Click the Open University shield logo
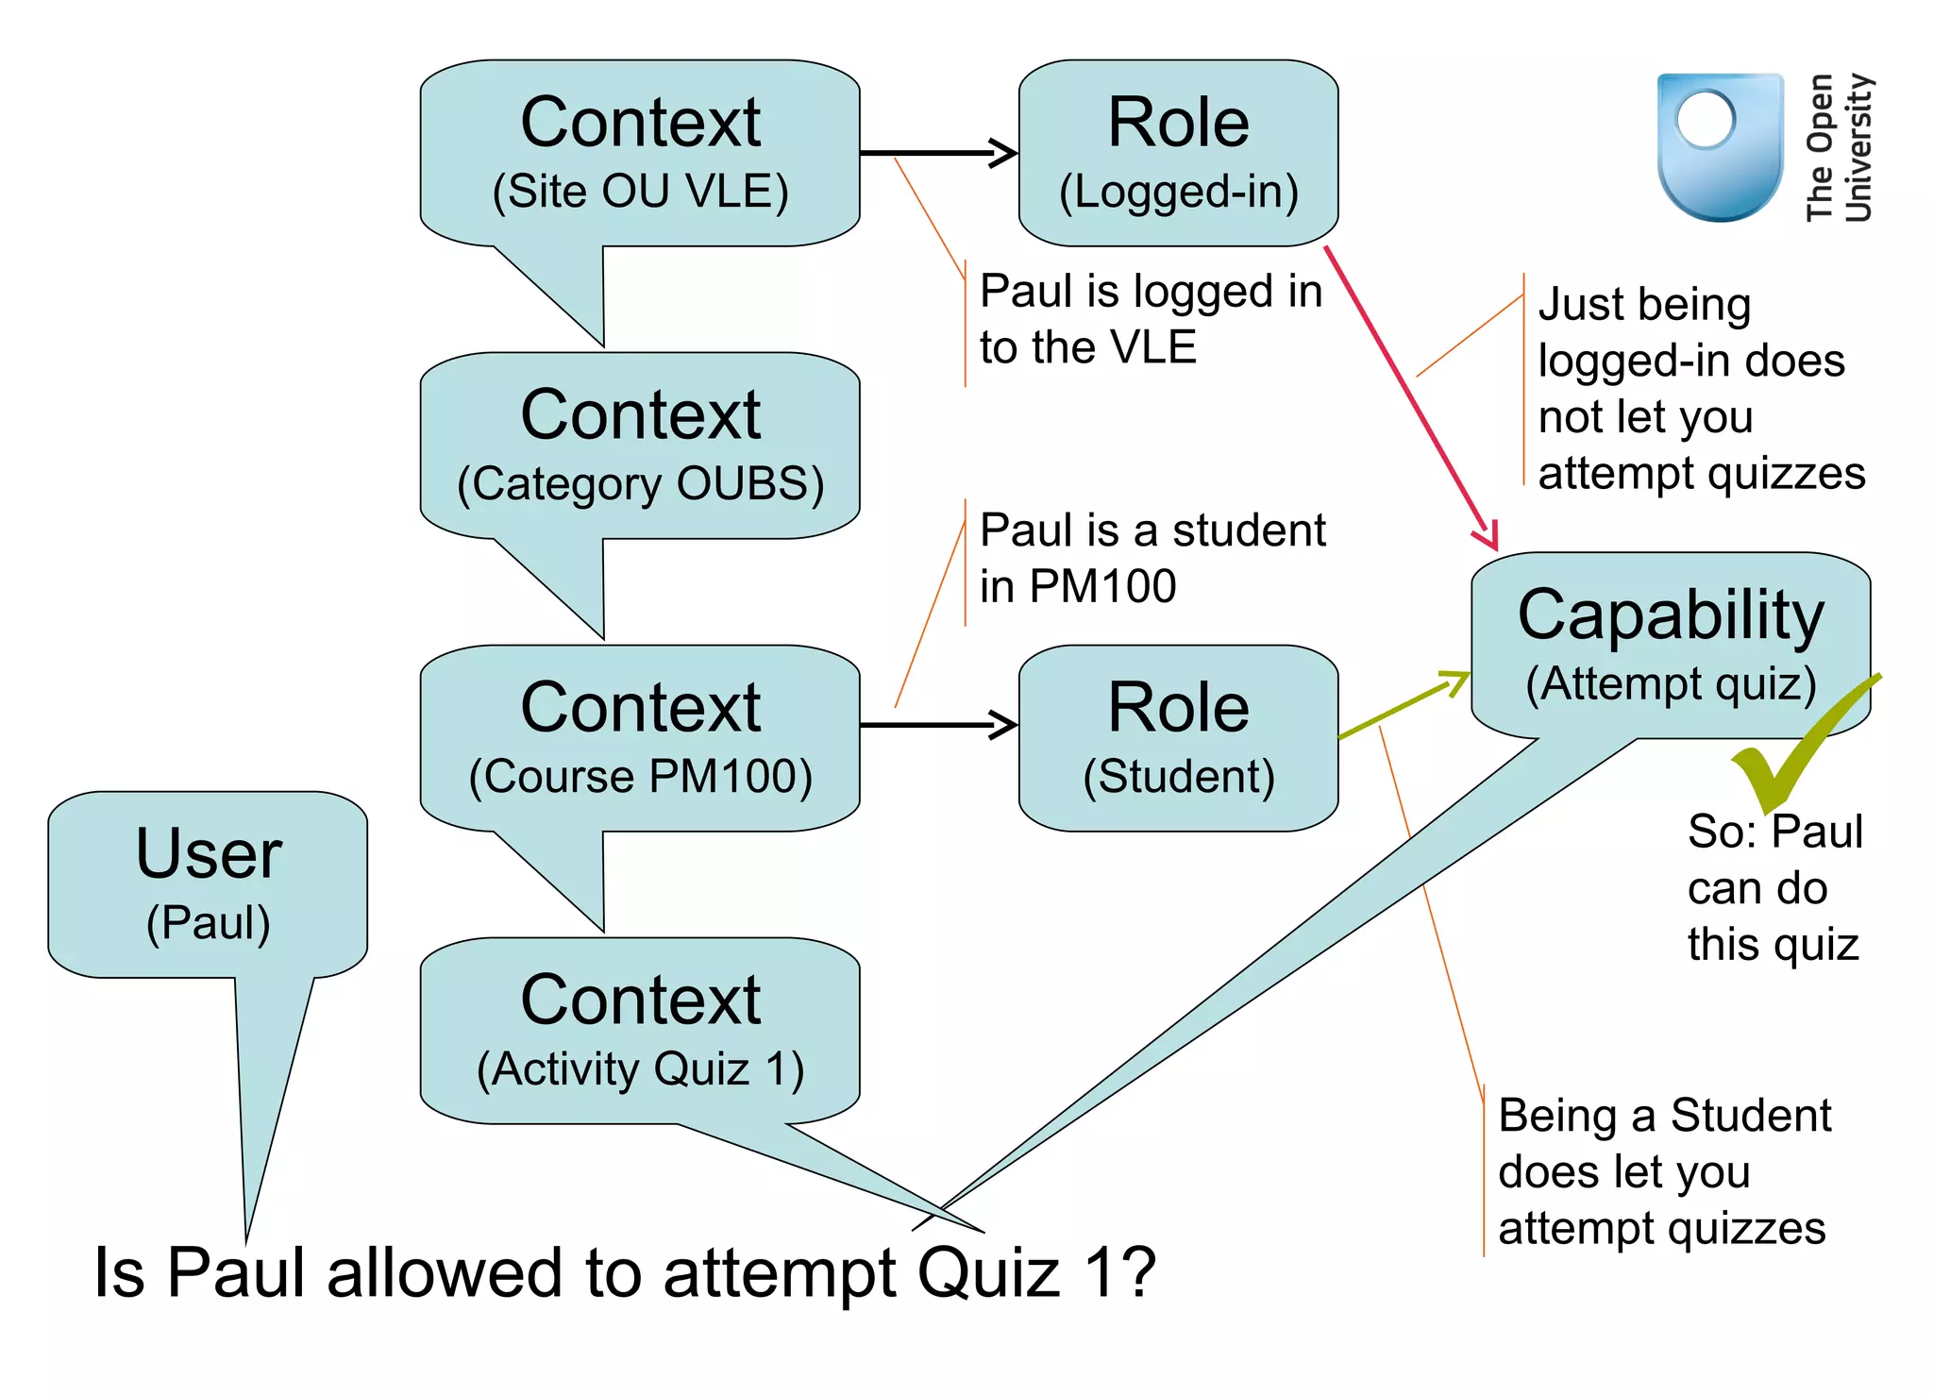click(1720, 146)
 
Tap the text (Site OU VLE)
click(640, 192)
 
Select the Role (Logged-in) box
click(1178, 153)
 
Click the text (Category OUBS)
click(640, 484)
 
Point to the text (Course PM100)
click(640, 777)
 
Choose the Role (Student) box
click(1178, 738)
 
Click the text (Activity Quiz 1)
click(640, 1069)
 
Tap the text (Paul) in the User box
click(208, 923)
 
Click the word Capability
click(1671, 615)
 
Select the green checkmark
click(1793, 746)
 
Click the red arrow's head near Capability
click(1488, 536)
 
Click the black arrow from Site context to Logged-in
click(939, 152)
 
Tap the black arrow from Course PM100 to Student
click(939, 725)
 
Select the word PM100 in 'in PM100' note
click(1102, 586)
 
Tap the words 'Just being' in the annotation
click(1644, 305)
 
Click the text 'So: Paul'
click(1774, 833)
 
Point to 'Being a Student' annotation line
click(1664, 1117)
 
